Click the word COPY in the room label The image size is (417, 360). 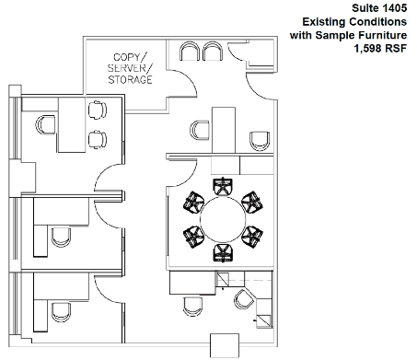127,57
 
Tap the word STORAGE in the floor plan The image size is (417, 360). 130,80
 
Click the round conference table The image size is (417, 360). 223,219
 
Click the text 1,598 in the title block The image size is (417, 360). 368,49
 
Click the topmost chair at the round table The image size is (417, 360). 223,186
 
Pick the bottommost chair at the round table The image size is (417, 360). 223,253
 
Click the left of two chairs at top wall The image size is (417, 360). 190,52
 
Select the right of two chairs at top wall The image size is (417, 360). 213,52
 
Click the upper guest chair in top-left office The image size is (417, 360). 98,110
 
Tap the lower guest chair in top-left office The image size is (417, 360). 98,140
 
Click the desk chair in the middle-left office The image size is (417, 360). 61,238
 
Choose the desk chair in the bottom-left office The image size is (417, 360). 61,312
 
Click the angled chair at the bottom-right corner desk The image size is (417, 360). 244,299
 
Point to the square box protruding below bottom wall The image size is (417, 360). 225,345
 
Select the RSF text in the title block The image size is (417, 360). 396,49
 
